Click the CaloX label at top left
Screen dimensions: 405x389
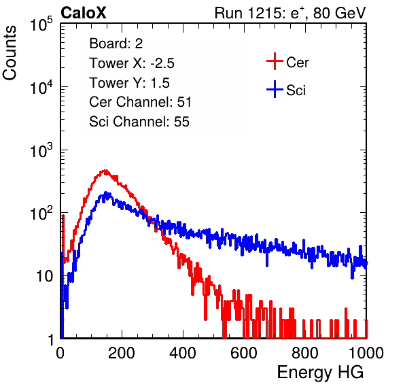point(83,13)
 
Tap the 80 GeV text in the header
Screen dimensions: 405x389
point(340,13)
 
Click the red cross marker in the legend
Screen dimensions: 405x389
point(275,61)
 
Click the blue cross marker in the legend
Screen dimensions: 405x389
point(275,90)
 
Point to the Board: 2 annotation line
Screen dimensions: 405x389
point(116,44)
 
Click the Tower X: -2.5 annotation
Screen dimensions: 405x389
point(132,63)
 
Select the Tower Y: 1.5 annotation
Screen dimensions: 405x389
point(129,83)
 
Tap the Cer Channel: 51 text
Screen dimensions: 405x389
point(140,102)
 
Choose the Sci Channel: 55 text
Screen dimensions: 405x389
point(139,122)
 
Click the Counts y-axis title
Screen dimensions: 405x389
point(10,53)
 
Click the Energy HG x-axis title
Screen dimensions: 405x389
point(320,373)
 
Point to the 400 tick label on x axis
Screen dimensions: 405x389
point(183,353)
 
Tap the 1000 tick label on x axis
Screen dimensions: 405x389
point(366,353)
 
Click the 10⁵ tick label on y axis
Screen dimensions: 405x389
point(41,24)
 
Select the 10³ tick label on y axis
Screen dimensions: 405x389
point(41,150)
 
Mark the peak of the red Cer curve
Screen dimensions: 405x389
point(105,171)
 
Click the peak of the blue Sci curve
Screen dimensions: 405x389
point(105,193)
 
